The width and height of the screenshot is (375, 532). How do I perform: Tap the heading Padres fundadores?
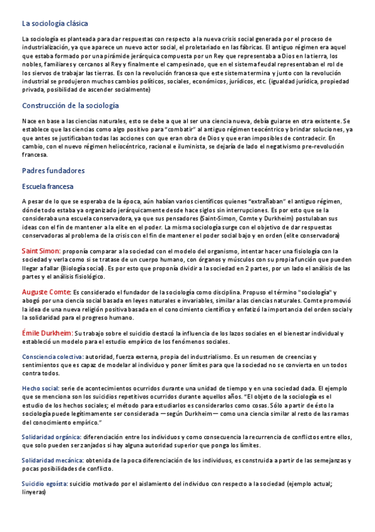click(x=53, y=171)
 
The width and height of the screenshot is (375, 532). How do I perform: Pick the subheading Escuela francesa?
click(x=48, y=186)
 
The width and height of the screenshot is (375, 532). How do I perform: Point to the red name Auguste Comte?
click(x=46, y=292)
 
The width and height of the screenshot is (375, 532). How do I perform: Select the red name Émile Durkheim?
click(x=48, y=332)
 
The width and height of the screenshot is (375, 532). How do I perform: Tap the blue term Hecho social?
click(x=41, y=388)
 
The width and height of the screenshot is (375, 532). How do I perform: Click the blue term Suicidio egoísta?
click(x=45, y=484)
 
